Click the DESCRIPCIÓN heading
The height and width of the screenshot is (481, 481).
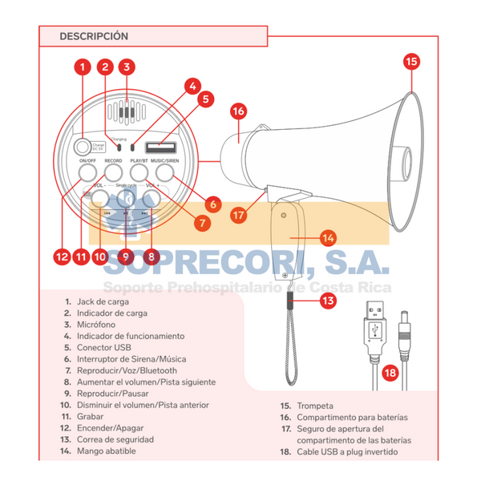(x=94, y=36)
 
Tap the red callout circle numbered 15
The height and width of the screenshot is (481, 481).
(x=411, y=61)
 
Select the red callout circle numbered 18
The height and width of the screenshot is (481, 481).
(x=390, y=373)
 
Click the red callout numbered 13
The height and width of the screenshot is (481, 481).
(x=327, y=301)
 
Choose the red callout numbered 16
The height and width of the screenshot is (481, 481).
(x=238, y=112)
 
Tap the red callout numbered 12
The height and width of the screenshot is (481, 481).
(x=61, y=257)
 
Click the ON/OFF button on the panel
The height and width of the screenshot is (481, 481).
(x=87, y=171)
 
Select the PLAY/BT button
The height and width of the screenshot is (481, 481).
(x=139, y=171)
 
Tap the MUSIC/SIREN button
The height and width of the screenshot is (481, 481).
(x=168, y=171)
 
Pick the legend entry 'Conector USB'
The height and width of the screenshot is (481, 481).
(x=108, y=348)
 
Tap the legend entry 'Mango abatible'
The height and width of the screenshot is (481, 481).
(x=107, y=451)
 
